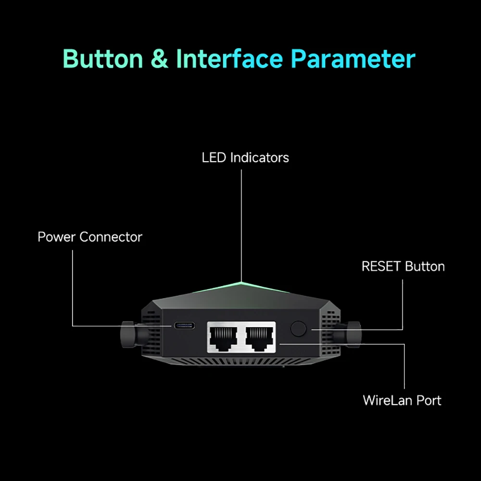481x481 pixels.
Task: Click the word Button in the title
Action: click(103, 59)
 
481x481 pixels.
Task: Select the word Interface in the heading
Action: click(229, 59)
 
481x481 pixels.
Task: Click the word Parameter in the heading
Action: click(354, 60)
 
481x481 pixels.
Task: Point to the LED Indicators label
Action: click(245, 157)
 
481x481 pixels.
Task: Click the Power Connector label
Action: click(90, 237)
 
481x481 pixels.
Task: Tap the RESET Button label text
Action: click(403, 266)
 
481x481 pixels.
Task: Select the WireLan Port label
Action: click(402, 400)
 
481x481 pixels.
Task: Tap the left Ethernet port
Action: click(225, 337)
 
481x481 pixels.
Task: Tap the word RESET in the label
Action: click(382, 266)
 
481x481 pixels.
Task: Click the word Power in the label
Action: click(57, 237)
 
